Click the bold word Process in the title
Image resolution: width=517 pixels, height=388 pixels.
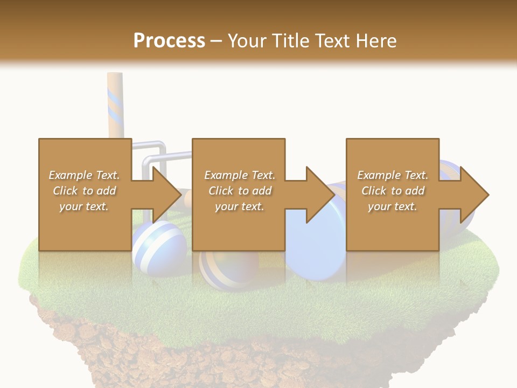169,40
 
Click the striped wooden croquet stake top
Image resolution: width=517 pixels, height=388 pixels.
115,81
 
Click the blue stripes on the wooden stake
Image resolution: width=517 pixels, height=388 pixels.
115,105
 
